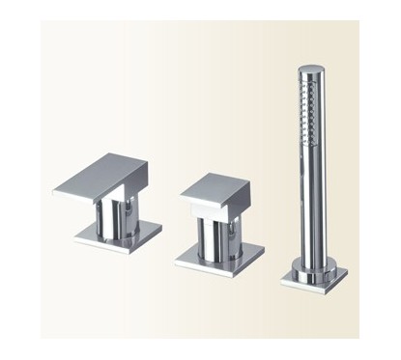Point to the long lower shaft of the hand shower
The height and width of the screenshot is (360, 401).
[x=311, y=203]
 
